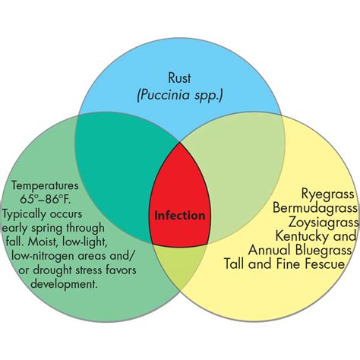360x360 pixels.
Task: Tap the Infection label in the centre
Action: coord(180,215)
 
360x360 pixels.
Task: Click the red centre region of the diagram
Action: coord(180,182)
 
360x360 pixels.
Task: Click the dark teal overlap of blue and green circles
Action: coord(114,152)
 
